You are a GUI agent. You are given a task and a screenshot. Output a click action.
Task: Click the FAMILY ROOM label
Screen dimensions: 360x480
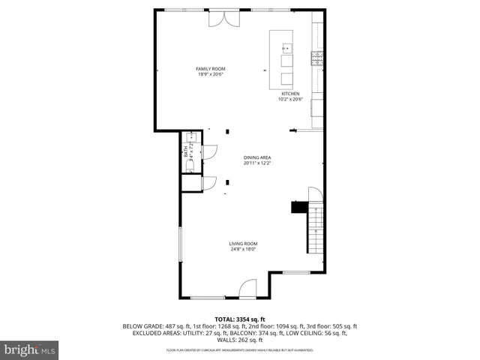(211, 69)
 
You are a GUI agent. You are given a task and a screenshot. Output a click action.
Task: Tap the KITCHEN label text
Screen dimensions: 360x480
(289, 94)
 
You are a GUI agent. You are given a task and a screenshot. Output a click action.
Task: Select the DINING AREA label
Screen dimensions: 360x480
(256, 157)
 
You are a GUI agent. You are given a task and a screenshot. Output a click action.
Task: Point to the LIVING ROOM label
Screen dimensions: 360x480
(243, 244)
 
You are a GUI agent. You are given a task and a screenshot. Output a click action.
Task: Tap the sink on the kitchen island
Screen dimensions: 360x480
(286, 49)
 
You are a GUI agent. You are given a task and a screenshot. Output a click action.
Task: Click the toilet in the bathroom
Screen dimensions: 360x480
(190, 163)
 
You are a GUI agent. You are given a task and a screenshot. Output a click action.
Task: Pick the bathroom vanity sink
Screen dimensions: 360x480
(190, 138)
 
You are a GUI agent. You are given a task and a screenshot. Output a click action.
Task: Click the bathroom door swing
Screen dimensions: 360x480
(209, 152)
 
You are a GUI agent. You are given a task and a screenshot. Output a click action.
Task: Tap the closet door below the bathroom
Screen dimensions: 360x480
(209, 182)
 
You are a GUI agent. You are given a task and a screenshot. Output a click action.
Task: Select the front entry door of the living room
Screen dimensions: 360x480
(248, 289)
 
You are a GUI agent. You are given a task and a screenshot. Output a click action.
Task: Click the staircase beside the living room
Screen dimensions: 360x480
(316, 229)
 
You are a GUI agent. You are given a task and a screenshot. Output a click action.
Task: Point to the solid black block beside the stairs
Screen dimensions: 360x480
(298, 206)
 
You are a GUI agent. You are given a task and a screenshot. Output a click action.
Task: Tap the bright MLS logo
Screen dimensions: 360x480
(29, 349)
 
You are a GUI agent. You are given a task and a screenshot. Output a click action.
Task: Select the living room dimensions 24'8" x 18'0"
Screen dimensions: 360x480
(243, 249)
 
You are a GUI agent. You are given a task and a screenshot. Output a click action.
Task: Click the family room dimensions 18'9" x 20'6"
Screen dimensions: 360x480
(211, 74)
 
